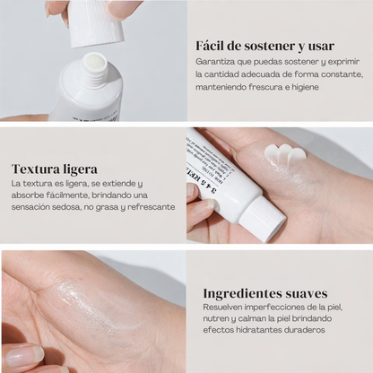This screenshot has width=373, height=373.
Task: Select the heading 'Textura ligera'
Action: [55, 169]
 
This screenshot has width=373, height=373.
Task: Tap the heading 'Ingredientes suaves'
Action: [265, 293]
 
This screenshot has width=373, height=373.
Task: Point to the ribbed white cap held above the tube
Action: [93, 18]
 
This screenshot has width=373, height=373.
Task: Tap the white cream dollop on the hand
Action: [285, 155]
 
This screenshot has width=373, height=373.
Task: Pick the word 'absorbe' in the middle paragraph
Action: [29, 195]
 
